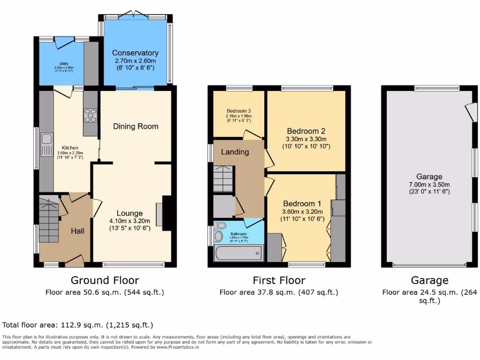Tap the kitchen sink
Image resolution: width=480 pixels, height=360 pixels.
(46, 139)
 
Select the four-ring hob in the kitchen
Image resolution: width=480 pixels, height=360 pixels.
(90, 115)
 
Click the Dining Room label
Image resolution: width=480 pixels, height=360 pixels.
(135, 126)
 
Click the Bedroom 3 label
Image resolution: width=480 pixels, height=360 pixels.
(239, 111)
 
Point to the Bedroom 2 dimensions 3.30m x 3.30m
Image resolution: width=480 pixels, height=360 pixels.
(306, 139)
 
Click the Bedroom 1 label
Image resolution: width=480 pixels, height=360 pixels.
(302, 204)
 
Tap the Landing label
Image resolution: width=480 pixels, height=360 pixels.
(235, 152)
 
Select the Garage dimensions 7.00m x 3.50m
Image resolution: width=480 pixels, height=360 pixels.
(429, 184)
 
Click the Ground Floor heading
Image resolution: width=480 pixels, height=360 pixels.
(105, 280)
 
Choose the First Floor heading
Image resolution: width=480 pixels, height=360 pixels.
(279, 280)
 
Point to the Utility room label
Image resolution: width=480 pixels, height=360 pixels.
(64, 64)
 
